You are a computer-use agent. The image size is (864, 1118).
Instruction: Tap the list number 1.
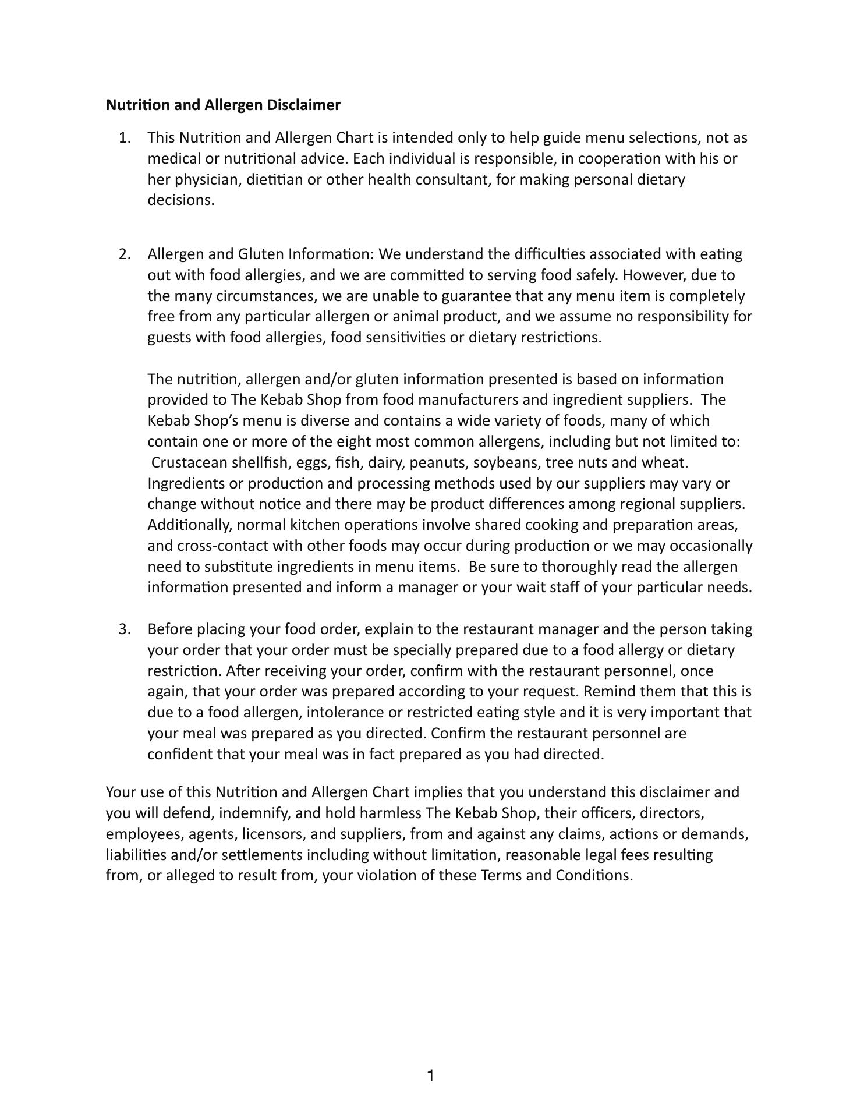tap(124, 138)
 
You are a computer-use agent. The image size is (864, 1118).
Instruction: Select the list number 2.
tap(124, 254)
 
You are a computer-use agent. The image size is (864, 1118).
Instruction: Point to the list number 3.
tap(124, 629)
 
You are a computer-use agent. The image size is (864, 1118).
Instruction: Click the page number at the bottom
tap(431, 1076)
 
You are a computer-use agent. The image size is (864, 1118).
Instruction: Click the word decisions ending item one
tap(180, 200)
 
